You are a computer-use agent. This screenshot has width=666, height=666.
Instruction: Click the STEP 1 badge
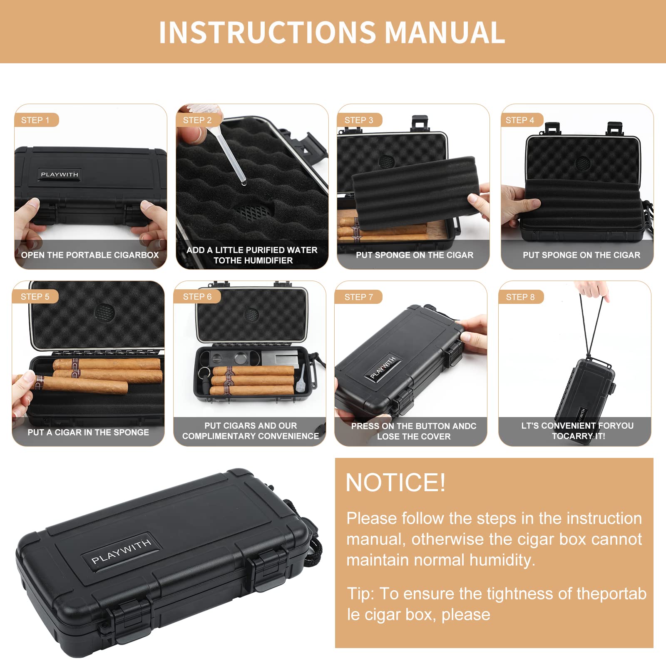(x=36, y=120)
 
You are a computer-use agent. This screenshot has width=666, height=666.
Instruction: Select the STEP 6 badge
(x=197, y=296)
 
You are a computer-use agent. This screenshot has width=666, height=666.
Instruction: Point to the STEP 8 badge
(x=520, y=297)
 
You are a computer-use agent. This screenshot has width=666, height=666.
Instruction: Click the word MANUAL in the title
(x=445, y=32)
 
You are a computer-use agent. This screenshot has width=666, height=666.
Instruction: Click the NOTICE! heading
(x=395, y=482)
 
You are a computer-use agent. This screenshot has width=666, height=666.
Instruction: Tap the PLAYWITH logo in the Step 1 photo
(x=60, y=174)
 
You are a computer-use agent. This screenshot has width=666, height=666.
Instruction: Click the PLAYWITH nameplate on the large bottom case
(x=121, y=551)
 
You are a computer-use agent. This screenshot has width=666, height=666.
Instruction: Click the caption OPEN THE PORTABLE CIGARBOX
(x=90, y=255)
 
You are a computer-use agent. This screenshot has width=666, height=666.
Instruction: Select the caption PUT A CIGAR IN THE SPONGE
(x=88, y=432)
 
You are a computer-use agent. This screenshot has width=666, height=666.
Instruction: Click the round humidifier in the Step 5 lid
(x=104, y=312)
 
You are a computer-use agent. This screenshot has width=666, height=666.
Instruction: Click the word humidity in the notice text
(x=502, y=560)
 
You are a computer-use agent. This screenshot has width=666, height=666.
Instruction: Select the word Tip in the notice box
(x=360, y=594)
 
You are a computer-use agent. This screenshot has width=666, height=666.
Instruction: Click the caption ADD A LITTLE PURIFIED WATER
(x=252, y=250)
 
